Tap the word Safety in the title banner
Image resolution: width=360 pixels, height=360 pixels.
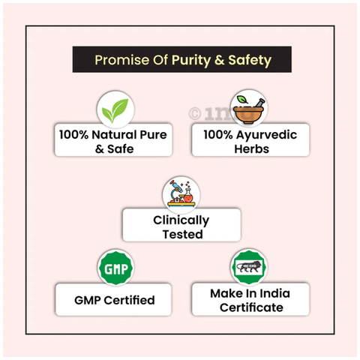click(x=250, y=61)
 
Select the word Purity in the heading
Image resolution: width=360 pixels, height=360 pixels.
click(x=191, y=61)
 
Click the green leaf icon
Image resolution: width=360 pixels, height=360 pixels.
click(x=115, y=109)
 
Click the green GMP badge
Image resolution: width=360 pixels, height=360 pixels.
click(x=115, y=268)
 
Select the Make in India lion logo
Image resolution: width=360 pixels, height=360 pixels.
click(x=249, y=267)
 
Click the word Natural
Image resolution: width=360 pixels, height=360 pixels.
click(x=114, y=134)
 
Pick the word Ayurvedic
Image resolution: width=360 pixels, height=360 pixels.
click(x=266, y=135)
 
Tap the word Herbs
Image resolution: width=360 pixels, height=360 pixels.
click(x=251, y=149)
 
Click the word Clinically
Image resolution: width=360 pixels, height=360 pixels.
click(x=181, y=220)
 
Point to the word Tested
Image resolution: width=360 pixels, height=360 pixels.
click(x=182, y=234)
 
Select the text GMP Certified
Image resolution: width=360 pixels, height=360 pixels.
click(x=115, y=300)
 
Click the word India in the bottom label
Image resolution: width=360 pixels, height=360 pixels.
click(x=274, y=293)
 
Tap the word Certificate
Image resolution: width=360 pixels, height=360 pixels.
click(x=251, y=307)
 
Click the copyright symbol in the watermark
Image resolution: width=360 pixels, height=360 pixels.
click(x=195, y=114)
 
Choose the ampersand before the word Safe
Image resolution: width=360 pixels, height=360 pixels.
click(x=100, y=149)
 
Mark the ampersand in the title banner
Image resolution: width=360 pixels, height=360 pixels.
click(x=219, y=60)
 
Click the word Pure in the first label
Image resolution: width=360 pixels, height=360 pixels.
click(x=153, y=134)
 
